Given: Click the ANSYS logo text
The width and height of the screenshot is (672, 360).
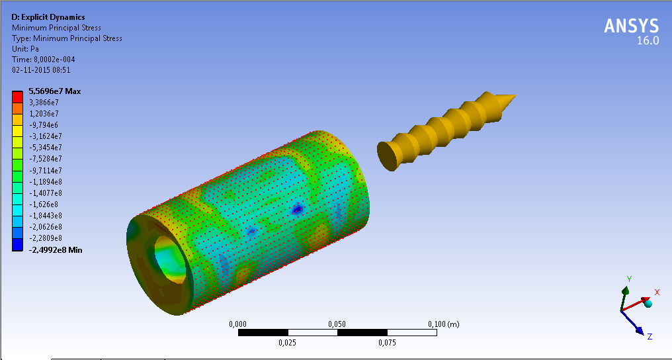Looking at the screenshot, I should pyautogui.click(x=631, y=26).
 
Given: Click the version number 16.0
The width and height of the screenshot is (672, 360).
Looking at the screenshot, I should pyautogui.click(x=648, y=41).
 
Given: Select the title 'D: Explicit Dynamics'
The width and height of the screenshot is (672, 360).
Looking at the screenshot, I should pyautogui.click(x=48, y=17).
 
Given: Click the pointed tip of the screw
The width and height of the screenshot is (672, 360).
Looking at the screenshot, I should pyautogui.click(x=513, y=98).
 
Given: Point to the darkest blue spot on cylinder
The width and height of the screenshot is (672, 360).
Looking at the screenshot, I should pyautogui.click(x=298, y=210).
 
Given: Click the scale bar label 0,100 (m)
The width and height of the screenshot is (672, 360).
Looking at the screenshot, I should pyautogui.click(x=444, y=324).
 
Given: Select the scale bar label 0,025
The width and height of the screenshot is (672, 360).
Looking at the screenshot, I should pyautogui.click(x=287, y=343).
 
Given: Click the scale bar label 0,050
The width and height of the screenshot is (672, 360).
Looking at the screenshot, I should pyautogui.click(x=337, y=324).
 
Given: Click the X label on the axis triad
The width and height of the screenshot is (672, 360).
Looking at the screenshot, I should pyautogui.click(x=657, y=292).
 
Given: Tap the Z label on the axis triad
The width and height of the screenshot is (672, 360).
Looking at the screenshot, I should pyautogui.click(x=650, y=337).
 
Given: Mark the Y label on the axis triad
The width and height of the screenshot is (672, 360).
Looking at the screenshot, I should pyautogui.click(x=630, y=279).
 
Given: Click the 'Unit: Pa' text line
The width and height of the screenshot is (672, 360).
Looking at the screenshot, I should pyautogui.click(x=27, y=49).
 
